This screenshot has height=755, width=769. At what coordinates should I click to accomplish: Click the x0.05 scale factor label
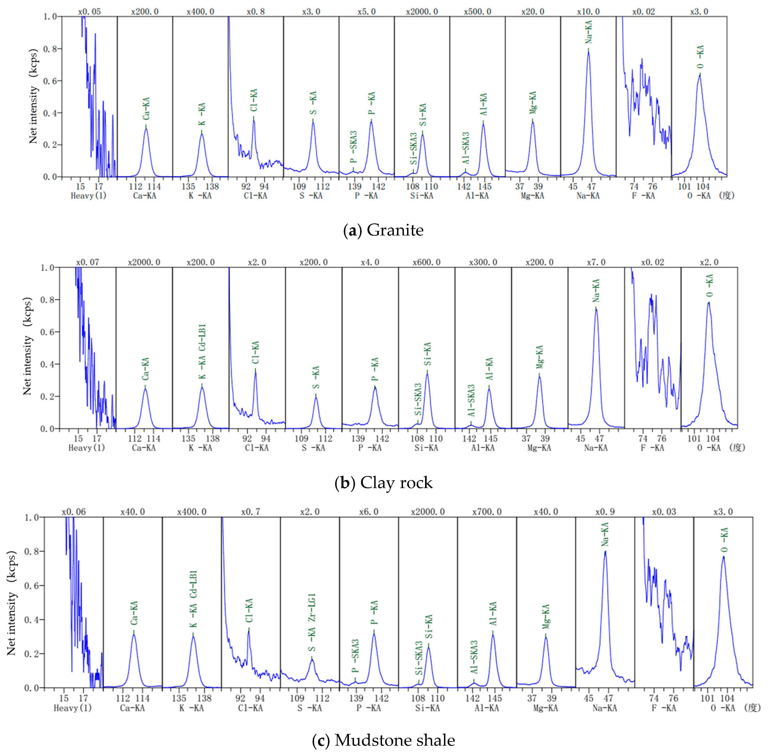click(90, 11)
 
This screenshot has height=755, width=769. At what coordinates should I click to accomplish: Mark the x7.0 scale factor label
click(596, 262)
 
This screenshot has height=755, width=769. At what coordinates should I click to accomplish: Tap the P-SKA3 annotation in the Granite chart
click(354, 147)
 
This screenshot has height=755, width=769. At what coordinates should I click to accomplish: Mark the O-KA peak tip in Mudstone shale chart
click(723, 557)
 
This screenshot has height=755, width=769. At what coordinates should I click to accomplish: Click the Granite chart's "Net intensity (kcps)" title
click(33, 96)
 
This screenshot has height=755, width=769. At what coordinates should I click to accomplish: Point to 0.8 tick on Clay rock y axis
click(48, 300)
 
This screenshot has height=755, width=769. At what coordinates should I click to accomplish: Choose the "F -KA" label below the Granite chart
click(643, 196)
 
